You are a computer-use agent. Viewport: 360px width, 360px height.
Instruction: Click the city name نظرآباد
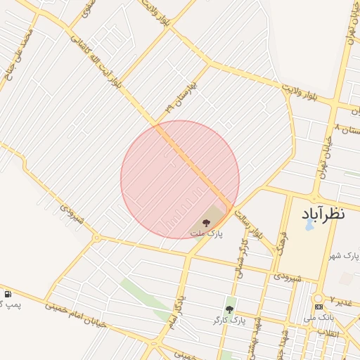point(324,213)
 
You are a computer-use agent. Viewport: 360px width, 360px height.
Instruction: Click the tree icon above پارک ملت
point(206,221)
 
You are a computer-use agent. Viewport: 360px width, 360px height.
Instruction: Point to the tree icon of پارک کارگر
point(229,309)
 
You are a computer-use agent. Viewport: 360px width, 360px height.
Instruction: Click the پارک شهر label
point(346,255)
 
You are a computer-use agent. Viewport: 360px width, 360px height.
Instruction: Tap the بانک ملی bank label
point(319,318)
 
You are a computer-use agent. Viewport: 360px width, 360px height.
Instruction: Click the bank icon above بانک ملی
point(319,307)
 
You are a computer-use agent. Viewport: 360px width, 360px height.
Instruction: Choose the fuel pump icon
point(8,294)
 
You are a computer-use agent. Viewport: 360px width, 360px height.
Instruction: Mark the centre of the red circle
point(180,179)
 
